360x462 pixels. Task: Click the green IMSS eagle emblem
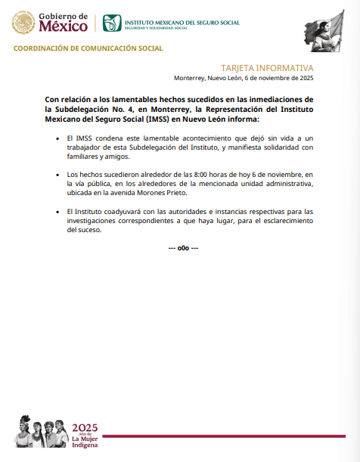click(x=111, y=23)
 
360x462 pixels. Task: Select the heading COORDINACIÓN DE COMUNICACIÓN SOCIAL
click(x=88, y=48)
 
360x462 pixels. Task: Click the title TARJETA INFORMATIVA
click(x=267, y=67)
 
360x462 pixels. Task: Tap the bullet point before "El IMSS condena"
click(x=58, y=139)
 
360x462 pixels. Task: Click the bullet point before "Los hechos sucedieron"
click(x=58, y=175)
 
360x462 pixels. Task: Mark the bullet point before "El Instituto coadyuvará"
click(x=58, y=211)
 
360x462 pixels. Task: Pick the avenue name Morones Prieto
click(x=163, y=193)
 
